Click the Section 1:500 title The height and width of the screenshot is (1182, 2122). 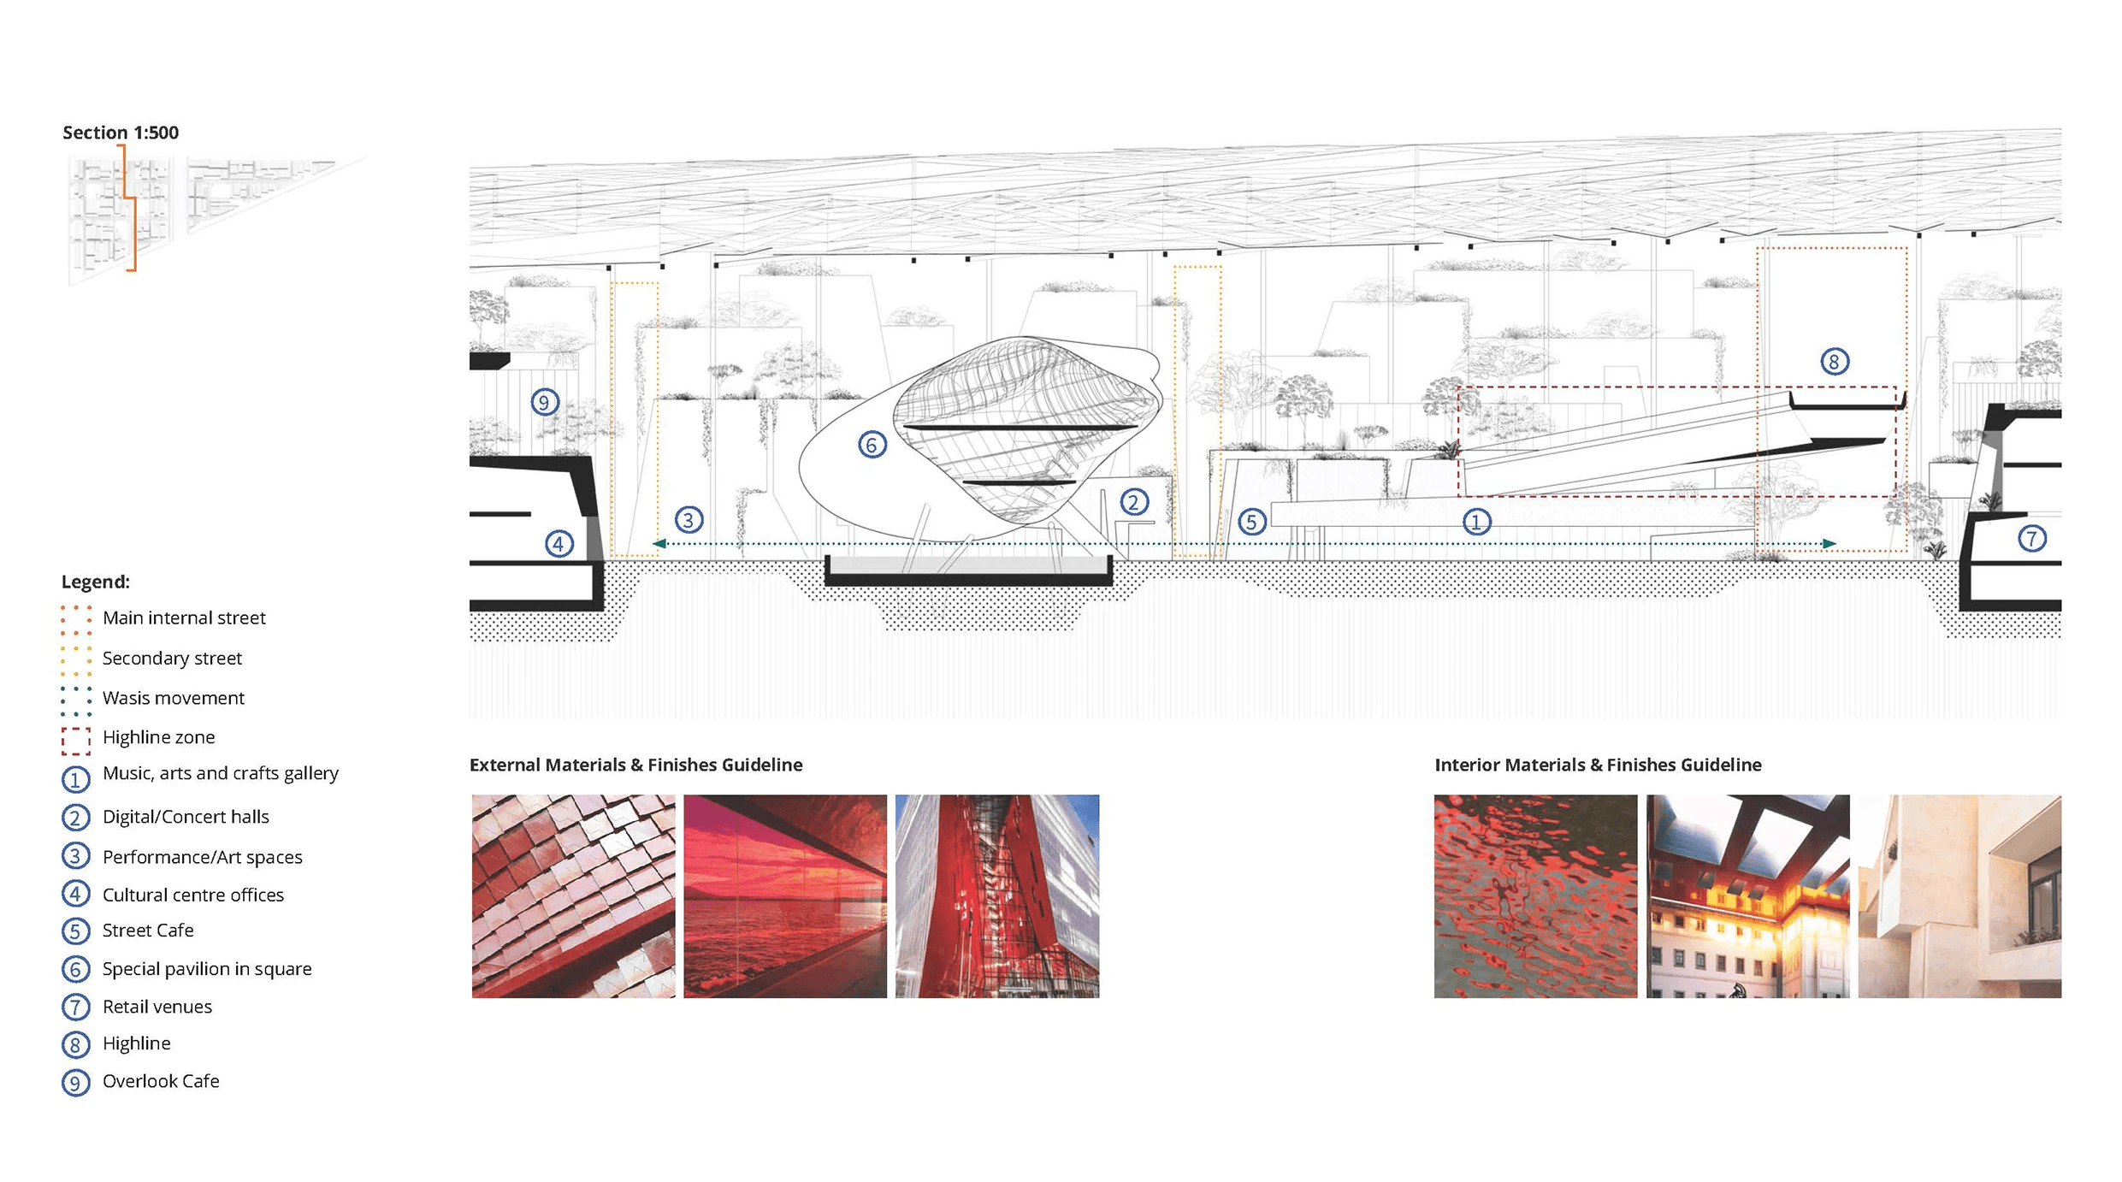(x=121, y=133)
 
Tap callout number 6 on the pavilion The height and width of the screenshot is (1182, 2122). (x=872, y=445)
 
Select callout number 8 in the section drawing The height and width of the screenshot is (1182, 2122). (x=1834, y=362)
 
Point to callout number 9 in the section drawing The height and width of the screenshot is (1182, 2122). (x=545, y=402)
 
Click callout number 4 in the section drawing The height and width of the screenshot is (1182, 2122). (x=559, y=543)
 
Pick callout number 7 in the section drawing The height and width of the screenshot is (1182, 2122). (x=2032, y=539)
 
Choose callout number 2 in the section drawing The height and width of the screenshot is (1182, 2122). (x=1134, y=502)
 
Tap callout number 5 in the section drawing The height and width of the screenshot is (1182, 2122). (x=1251, y=522)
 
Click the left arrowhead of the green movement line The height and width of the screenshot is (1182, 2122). (x=659, y=543)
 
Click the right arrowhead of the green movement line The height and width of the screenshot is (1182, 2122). (x=1829, y=543)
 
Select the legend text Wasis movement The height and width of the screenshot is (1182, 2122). (x=173, y=698)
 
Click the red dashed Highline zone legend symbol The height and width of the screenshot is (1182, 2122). (x=76, y=741)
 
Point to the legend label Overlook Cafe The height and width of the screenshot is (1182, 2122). (x=161, y=1081)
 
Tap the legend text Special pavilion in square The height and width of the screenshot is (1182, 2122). (x=207, y=969)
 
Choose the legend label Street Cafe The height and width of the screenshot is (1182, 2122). (x=148, y=931)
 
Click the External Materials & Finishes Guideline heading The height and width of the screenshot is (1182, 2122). (x=635, y=765)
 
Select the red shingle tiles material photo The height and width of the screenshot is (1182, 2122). (x=573, y=896)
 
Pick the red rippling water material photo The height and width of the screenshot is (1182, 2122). (x=1535, y=896)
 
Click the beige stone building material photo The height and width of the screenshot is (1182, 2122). (x=1959, y=896)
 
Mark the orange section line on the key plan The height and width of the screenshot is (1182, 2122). (x=131, y=205)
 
